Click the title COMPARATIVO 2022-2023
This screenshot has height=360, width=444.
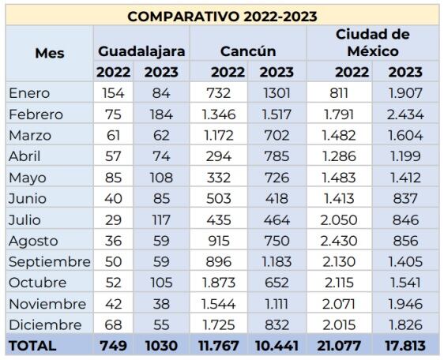222,16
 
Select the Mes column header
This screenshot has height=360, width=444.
50,54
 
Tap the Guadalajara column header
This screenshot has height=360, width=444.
142,51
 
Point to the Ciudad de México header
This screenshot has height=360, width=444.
373,43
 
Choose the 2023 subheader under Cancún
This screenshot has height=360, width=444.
276,72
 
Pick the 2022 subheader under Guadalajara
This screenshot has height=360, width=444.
113,72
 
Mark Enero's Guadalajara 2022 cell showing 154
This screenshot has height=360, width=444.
115,93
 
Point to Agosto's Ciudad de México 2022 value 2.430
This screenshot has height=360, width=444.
351,241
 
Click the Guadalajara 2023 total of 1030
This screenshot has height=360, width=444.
162,345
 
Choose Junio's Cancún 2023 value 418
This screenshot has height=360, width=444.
276,198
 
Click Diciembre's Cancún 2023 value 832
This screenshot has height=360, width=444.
276,324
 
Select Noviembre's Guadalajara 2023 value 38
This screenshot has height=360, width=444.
162,303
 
